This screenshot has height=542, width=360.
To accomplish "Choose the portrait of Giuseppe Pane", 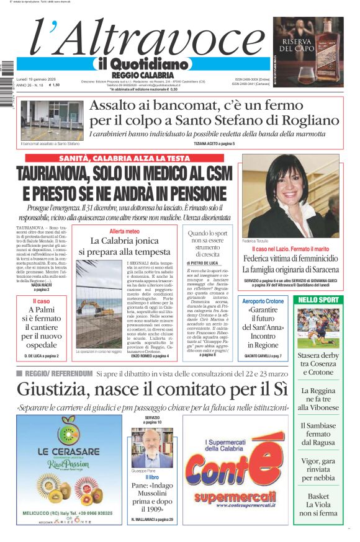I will [x=152, y=448].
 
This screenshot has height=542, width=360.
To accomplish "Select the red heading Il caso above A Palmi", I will [x=41, y=301].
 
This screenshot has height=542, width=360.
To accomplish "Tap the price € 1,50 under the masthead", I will [x=55, y=85].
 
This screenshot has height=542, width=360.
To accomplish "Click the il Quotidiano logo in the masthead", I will [x=142, y=64].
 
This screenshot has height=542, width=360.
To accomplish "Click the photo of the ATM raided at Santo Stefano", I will [x=52, y=120].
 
